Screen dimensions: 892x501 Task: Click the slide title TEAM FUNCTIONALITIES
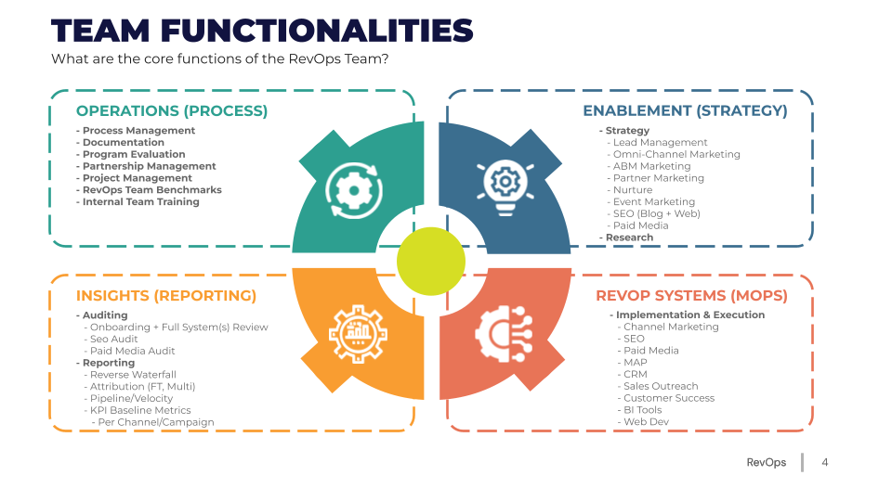pyautogui.click(x=262, y=31)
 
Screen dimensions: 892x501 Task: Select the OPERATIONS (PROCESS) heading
pyautogui.click(x=172, y=111)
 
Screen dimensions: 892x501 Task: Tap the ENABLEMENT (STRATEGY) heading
pyautogui.click(x=685, y=111)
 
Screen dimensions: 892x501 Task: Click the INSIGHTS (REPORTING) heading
pyautogui.click(x=166, y=296)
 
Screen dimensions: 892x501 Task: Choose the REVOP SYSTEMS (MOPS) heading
pyautogui.click(x=691, y=296)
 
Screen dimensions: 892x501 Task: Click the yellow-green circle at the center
pyautogui.click(x=431, y=261)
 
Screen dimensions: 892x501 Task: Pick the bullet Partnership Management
pyautogui.click(x=149, y=166)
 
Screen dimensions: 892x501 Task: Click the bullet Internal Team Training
pyautogui.click(x=140, y=201)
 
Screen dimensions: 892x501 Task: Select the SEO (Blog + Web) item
pyautogui.click(x=656, y=213)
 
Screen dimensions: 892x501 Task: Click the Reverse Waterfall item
pyautogui.click(x=133, y=375)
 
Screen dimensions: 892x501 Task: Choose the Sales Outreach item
pyautogui.click(x=661, y=386)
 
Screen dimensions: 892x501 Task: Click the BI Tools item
pyautogui.click(x=642, y=410)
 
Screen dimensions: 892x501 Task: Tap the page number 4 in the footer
pyautogui.click(x=824, y=463)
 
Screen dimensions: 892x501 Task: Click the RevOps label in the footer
pyautogui.click(x=766, y=463)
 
